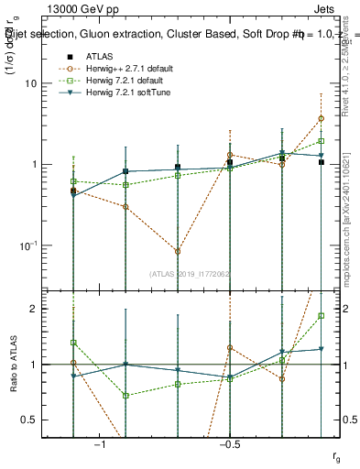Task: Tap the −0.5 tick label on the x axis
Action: pyautogui.click(x=227, y=444)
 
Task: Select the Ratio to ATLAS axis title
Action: pyautogui.click(x=16, y=364)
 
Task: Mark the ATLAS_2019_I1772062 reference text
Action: pyautogui.click(x=190, y=273)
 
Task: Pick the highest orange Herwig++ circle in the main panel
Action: pyautogui.click(x=322, y=118)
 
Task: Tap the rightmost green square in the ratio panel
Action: pyautogui.click(x=322, y=316)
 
